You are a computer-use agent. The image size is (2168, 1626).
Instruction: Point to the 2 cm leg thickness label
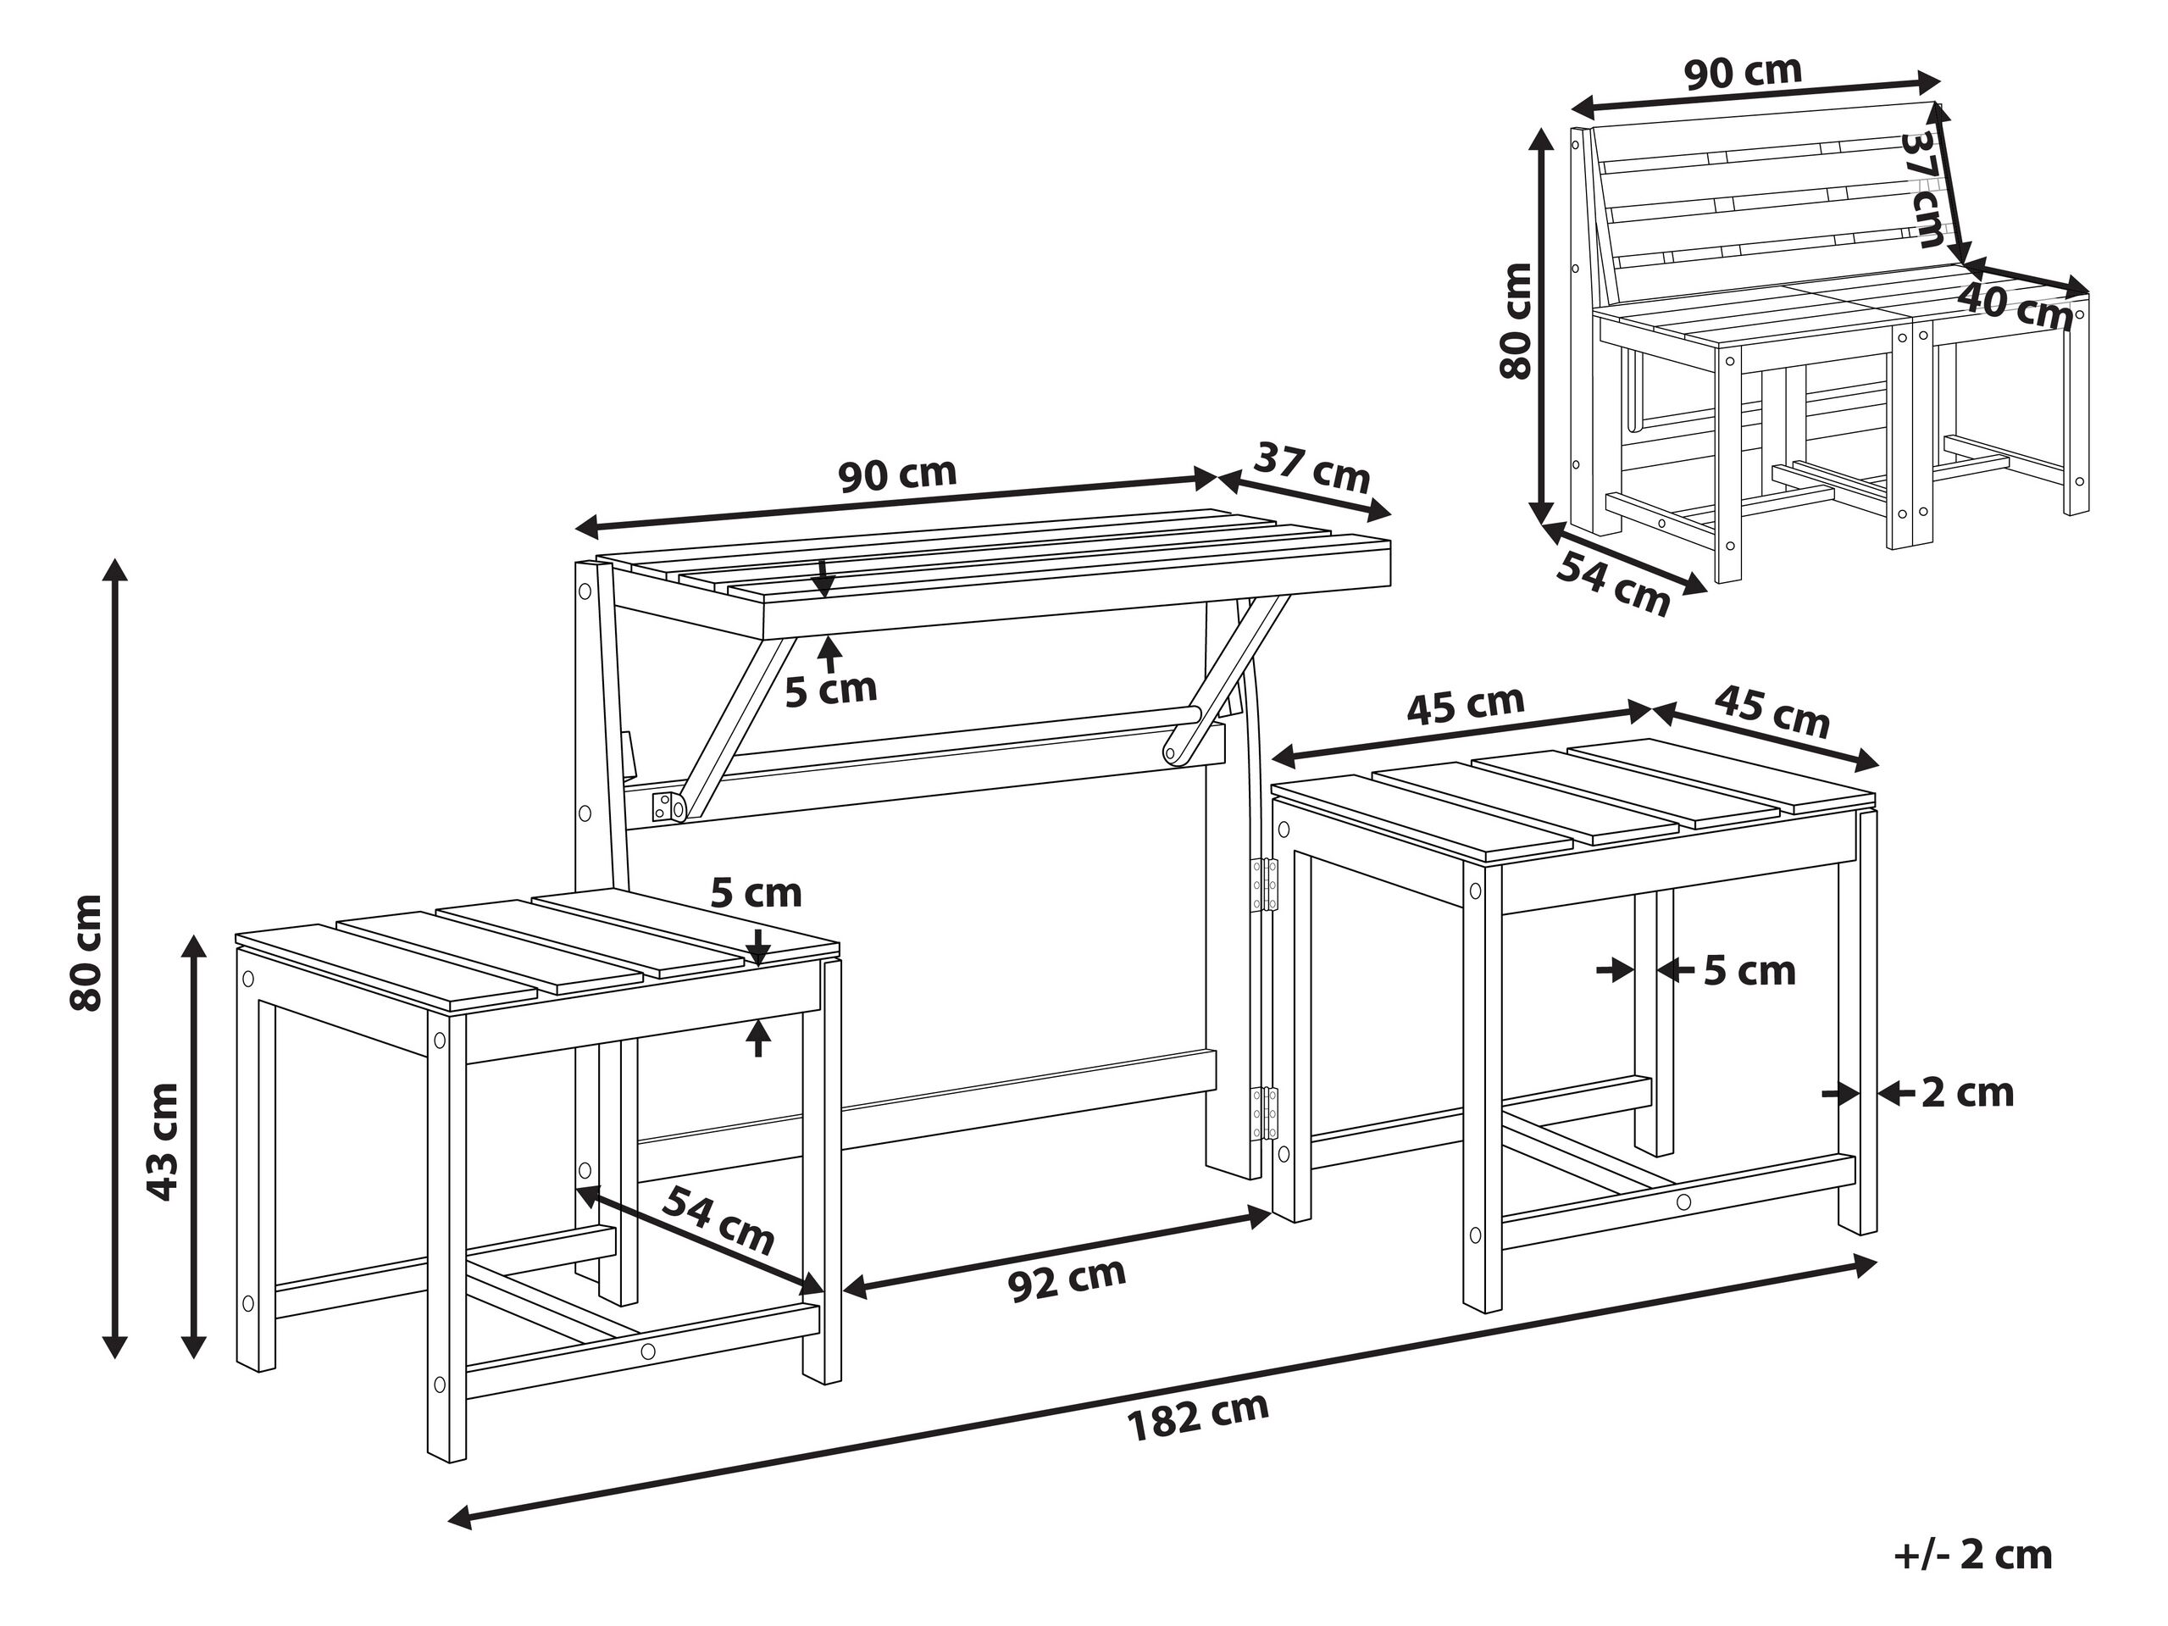click(x=1966, y=1093)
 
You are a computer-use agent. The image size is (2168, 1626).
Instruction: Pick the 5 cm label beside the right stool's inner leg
click(x=1749, y=971)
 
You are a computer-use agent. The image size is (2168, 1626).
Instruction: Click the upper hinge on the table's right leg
click(x=1267, y=885)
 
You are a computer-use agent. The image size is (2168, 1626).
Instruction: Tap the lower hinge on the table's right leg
click(x=1267, y=1114)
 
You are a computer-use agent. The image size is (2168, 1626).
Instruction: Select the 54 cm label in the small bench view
click(x=1612, y=584)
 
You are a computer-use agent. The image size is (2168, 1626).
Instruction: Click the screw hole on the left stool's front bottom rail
click(x=647, y=1351)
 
